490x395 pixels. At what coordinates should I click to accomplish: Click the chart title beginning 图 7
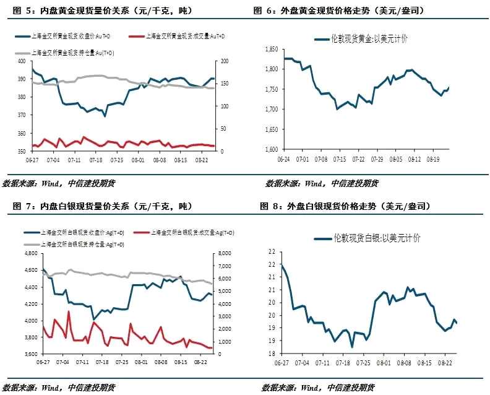pos(98,206)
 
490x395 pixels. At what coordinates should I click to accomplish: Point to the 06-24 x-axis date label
pos(284,159)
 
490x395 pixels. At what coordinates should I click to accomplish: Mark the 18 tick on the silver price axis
pos(270,354)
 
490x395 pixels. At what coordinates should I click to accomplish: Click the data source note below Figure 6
pos(322,183)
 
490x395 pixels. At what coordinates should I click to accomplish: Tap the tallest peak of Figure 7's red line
pos(68,311)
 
